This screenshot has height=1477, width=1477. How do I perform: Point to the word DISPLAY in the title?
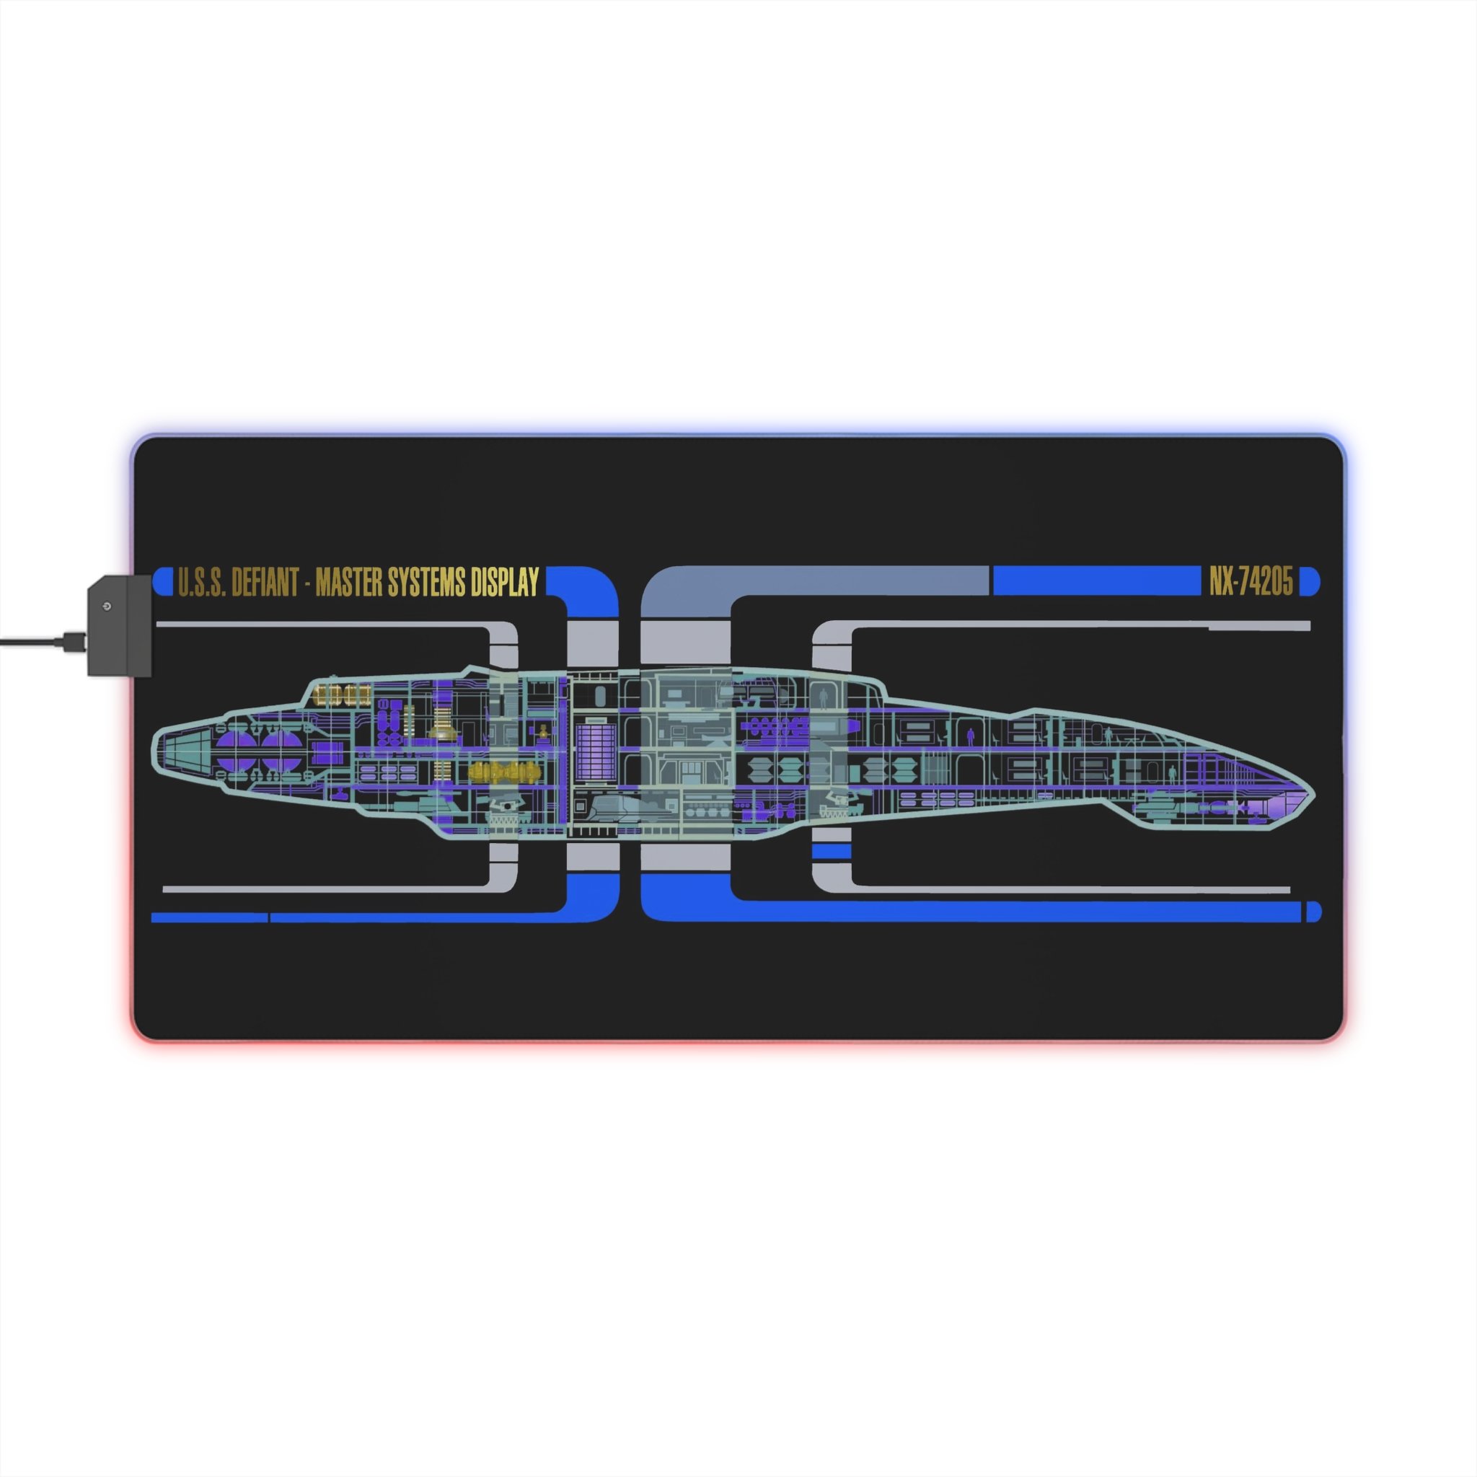[x=506, y=583]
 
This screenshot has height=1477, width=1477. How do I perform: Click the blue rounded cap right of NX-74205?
[x=1309, y=582]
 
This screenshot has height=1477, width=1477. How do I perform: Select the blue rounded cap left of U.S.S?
[x=163, y=582]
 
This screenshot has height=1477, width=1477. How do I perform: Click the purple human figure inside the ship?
[x=971, y=736]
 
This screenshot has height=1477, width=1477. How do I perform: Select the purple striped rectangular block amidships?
[x=596, y=751]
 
